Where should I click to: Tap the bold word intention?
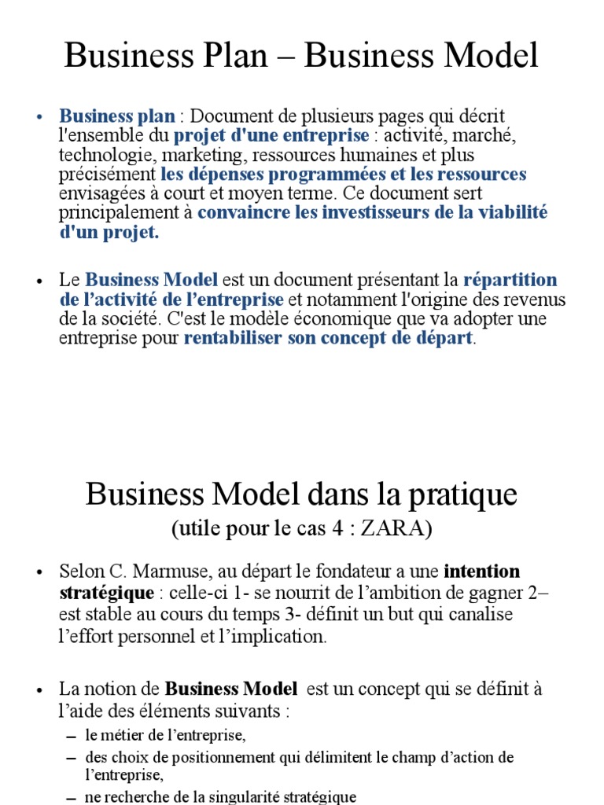point(481,571)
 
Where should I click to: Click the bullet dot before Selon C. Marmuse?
point(39,572)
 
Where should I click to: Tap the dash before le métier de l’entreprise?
point(71,737)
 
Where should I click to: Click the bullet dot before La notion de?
point(39,689)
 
